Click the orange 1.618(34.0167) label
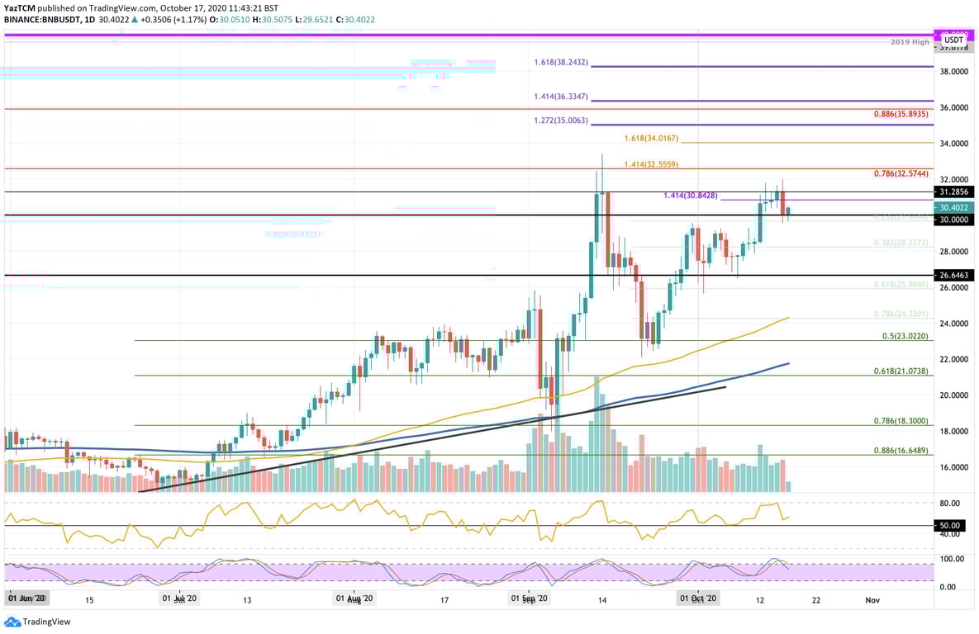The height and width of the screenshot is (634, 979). pos(651,138)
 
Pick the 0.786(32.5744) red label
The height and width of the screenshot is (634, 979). pos(902,174)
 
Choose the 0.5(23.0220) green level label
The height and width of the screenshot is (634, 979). pos(905,336)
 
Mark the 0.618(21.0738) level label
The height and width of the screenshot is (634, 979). pos(902,371)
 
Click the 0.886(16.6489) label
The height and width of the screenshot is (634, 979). pos(902,451)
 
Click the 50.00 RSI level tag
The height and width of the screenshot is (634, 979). pos(950,525)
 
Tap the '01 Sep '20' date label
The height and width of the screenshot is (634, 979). pos(529,600)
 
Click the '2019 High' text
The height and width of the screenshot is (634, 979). pos(911,42)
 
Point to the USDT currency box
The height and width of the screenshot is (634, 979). pos(953,39)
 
